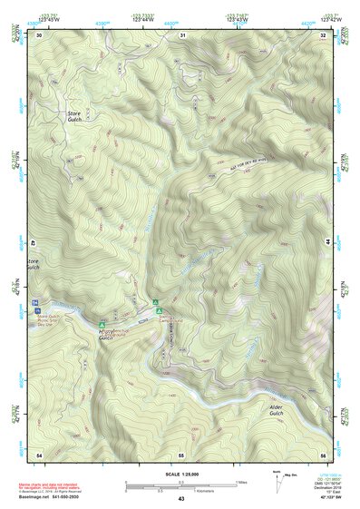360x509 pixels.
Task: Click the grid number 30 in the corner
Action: pos(40,34)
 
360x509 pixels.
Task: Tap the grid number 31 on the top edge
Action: pos(183,34)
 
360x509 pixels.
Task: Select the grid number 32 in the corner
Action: pos(323,34)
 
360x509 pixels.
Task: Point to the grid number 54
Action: pos(39,453)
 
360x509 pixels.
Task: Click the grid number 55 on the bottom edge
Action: pos(181,453)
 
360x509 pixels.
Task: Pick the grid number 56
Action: pos(323,453)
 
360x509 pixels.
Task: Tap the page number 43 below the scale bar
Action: pos(181,499)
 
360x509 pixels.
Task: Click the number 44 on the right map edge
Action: pos(326,243)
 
